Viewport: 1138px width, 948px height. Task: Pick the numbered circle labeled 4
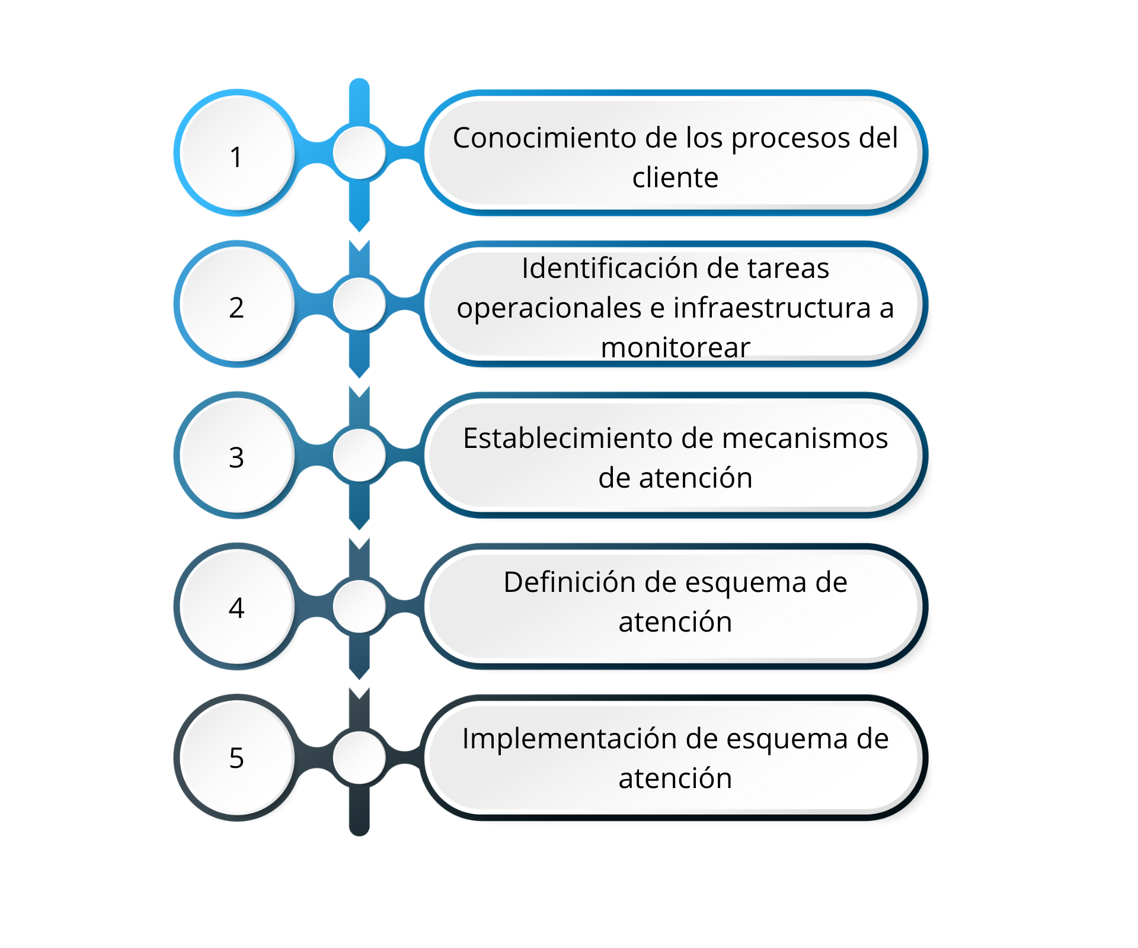(x=237, y=606)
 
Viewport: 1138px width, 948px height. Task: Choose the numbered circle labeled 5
(x=237, y=757)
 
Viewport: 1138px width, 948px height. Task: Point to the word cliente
(x=675, y=178)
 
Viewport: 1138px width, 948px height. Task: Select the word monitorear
(x=675, y=348)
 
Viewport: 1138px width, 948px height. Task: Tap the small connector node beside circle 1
(x=359, y=153)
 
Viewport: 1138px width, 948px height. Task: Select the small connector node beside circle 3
(x=359, y=455)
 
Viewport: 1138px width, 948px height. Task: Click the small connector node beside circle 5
(x=359, y=757)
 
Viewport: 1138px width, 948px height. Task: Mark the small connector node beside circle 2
(x=359, y=304)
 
